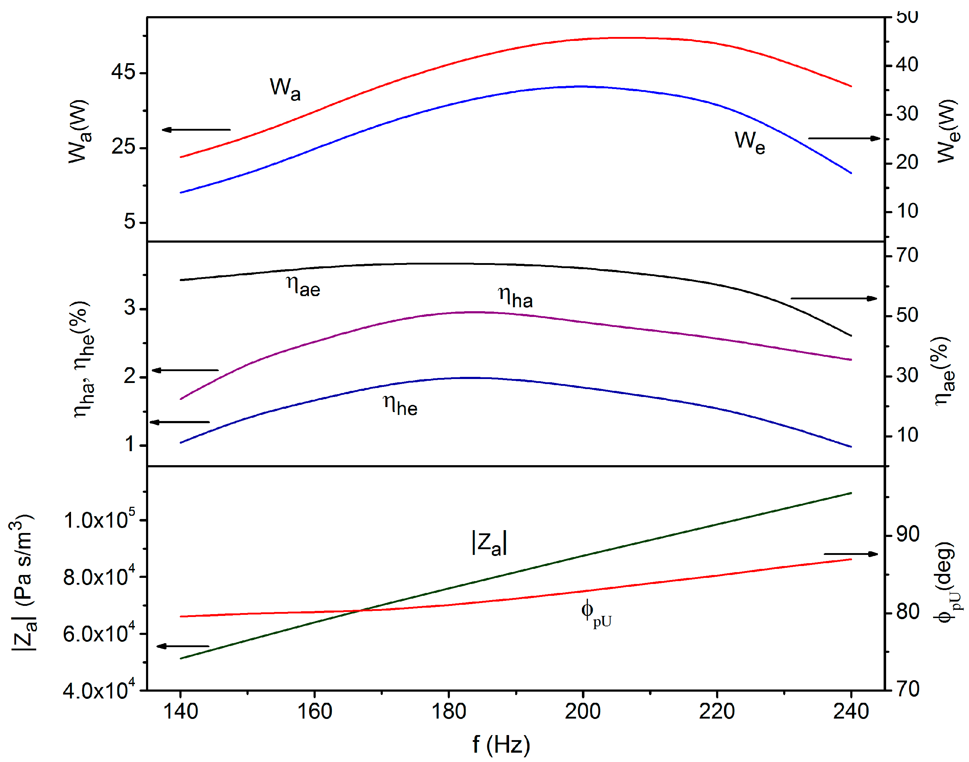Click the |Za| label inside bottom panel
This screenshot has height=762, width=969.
coord(489,543)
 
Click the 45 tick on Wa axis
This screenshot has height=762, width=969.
coord(123,72)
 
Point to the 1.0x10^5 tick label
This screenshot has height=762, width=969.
coord(99,519)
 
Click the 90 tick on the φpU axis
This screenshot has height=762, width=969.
coord(907,534)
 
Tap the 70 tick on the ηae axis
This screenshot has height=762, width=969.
coord(907,255)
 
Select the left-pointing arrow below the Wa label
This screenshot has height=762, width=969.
coord(196,130)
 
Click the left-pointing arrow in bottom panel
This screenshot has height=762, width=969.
coord(183,646)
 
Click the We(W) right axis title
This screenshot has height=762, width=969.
coord(947,131)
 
